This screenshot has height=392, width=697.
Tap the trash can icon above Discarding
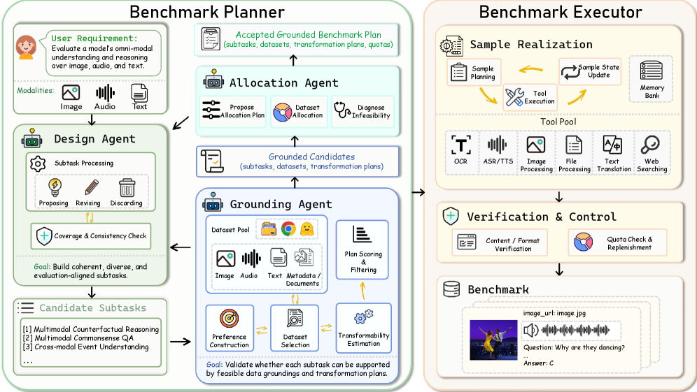[x=127, y=188]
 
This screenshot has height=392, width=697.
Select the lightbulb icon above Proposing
[x=55, y=187]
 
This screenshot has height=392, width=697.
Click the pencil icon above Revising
[x=91, y=187]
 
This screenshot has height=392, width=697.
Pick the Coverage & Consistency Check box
[x=91, y=236]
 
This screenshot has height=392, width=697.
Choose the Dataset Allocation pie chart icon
[x=282, y=112]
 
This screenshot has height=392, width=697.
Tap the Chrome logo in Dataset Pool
[x=288, y=228]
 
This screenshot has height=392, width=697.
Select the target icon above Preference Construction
[x=230, y=319]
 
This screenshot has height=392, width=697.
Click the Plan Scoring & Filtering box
[x=362, y=249]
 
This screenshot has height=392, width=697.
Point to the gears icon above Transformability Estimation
[x=363, y=317]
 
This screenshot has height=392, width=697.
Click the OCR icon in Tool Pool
[x=461, y=145]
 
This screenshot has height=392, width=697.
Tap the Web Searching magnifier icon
[x=650, y=144]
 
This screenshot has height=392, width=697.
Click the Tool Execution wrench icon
[x=514, y=97]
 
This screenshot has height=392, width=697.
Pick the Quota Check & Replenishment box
[x=617, y=243]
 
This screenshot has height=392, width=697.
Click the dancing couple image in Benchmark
[x=493, y=340]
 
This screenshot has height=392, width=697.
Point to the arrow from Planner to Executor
[x=418, y=192]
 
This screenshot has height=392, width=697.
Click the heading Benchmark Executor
[x=561, y=12]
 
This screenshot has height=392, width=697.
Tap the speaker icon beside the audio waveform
[x=530, y=331]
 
